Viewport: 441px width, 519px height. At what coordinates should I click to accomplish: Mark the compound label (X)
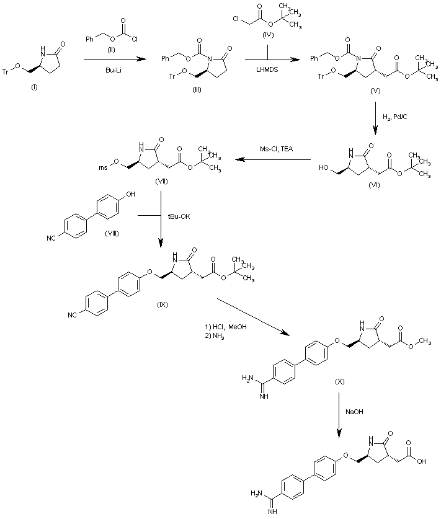click(339, 378)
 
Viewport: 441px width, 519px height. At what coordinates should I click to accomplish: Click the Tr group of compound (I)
click(6, 72)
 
